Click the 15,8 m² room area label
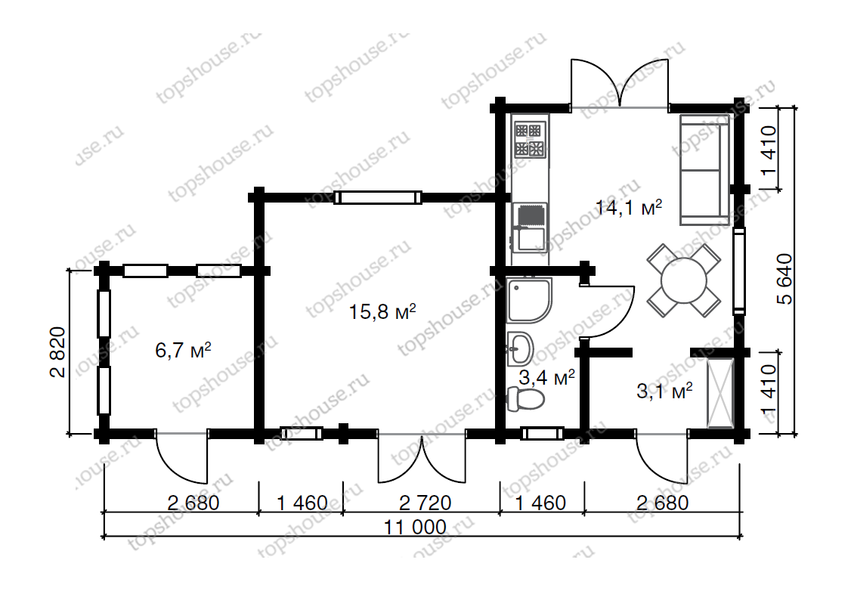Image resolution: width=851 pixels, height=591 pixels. (x=382, y=312)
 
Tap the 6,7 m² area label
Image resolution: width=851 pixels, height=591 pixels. (x=183, y=350)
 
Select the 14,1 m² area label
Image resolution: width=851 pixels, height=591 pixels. (x=629, y=207)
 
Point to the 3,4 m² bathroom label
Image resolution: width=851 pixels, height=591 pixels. (x=546, y=377)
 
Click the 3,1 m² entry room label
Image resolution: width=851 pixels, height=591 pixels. (x=664, y=390)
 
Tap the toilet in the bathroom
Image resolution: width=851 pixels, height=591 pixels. (x=525, y=399)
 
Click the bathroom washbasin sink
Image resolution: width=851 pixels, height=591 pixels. (x=521, y=348)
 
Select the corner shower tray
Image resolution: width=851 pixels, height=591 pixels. (x=529, y=301)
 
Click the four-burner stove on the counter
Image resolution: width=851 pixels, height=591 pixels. (x=530, y=140)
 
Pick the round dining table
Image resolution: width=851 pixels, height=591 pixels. (x=684, y=280)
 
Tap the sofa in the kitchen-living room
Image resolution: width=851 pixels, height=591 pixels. (x=704, y=169)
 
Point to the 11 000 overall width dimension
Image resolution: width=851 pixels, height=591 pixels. (x=415, y=527)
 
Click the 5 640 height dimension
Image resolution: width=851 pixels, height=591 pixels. (x=784, y=279)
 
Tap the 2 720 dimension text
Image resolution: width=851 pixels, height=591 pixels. (x=425, y=503)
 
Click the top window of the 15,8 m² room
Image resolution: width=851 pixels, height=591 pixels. (x=378, y=197)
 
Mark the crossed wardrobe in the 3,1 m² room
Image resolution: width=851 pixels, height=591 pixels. (x=719, y=394)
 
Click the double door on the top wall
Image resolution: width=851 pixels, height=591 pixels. (x=619, y=84)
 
